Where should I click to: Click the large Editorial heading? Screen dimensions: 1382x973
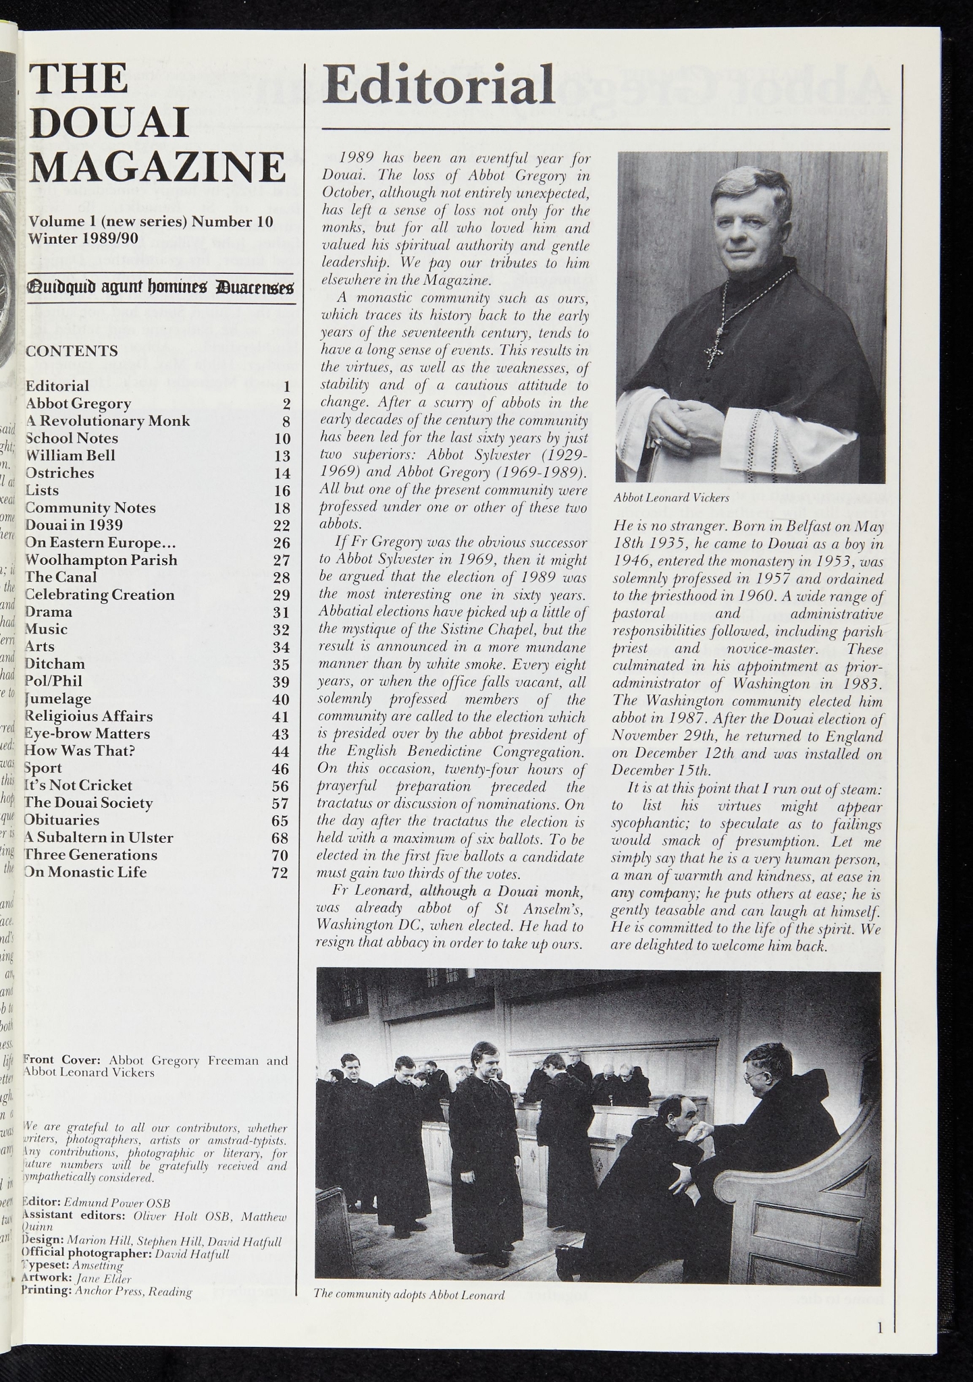click(x=438, y=86)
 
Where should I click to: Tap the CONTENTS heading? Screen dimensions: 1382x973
click(x=71, y=351)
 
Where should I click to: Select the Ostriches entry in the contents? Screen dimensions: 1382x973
click(x=59, y=473)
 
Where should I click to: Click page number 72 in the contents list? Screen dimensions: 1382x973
click(x=280, y=873)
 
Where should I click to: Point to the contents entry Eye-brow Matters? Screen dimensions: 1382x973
click(x=87, y=734)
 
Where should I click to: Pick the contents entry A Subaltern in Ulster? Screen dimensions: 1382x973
click(x=99, y=837)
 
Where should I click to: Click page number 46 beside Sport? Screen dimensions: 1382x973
click(x=280, y=769)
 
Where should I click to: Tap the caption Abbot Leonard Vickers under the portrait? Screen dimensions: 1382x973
click(x=670, y=498)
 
